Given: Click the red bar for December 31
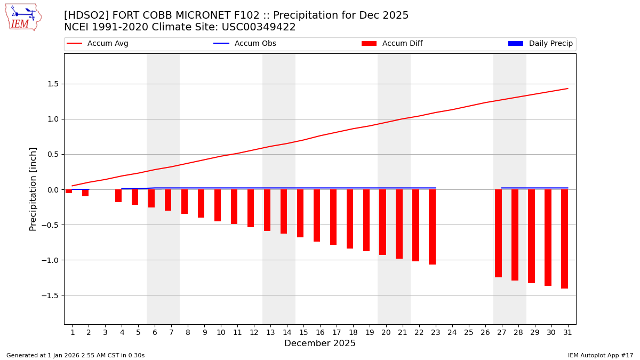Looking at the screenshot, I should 564,239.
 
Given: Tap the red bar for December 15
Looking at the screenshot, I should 300,213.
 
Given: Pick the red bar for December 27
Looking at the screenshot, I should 498,233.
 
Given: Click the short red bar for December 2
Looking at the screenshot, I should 85,193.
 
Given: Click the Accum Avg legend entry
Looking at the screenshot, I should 98,44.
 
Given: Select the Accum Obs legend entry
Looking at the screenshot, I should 245,44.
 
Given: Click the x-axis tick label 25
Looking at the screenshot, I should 469,332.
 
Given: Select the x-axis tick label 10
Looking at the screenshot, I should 221,332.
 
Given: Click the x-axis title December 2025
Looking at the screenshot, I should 320,343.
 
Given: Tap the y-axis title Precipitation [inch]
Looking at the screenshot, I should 33,189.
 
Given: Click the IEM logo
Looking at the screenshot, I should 23,17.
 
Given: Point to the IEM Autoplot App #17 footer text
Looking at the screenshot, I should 600,355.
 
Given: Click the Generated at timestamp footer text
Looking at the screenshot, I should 75,355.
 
